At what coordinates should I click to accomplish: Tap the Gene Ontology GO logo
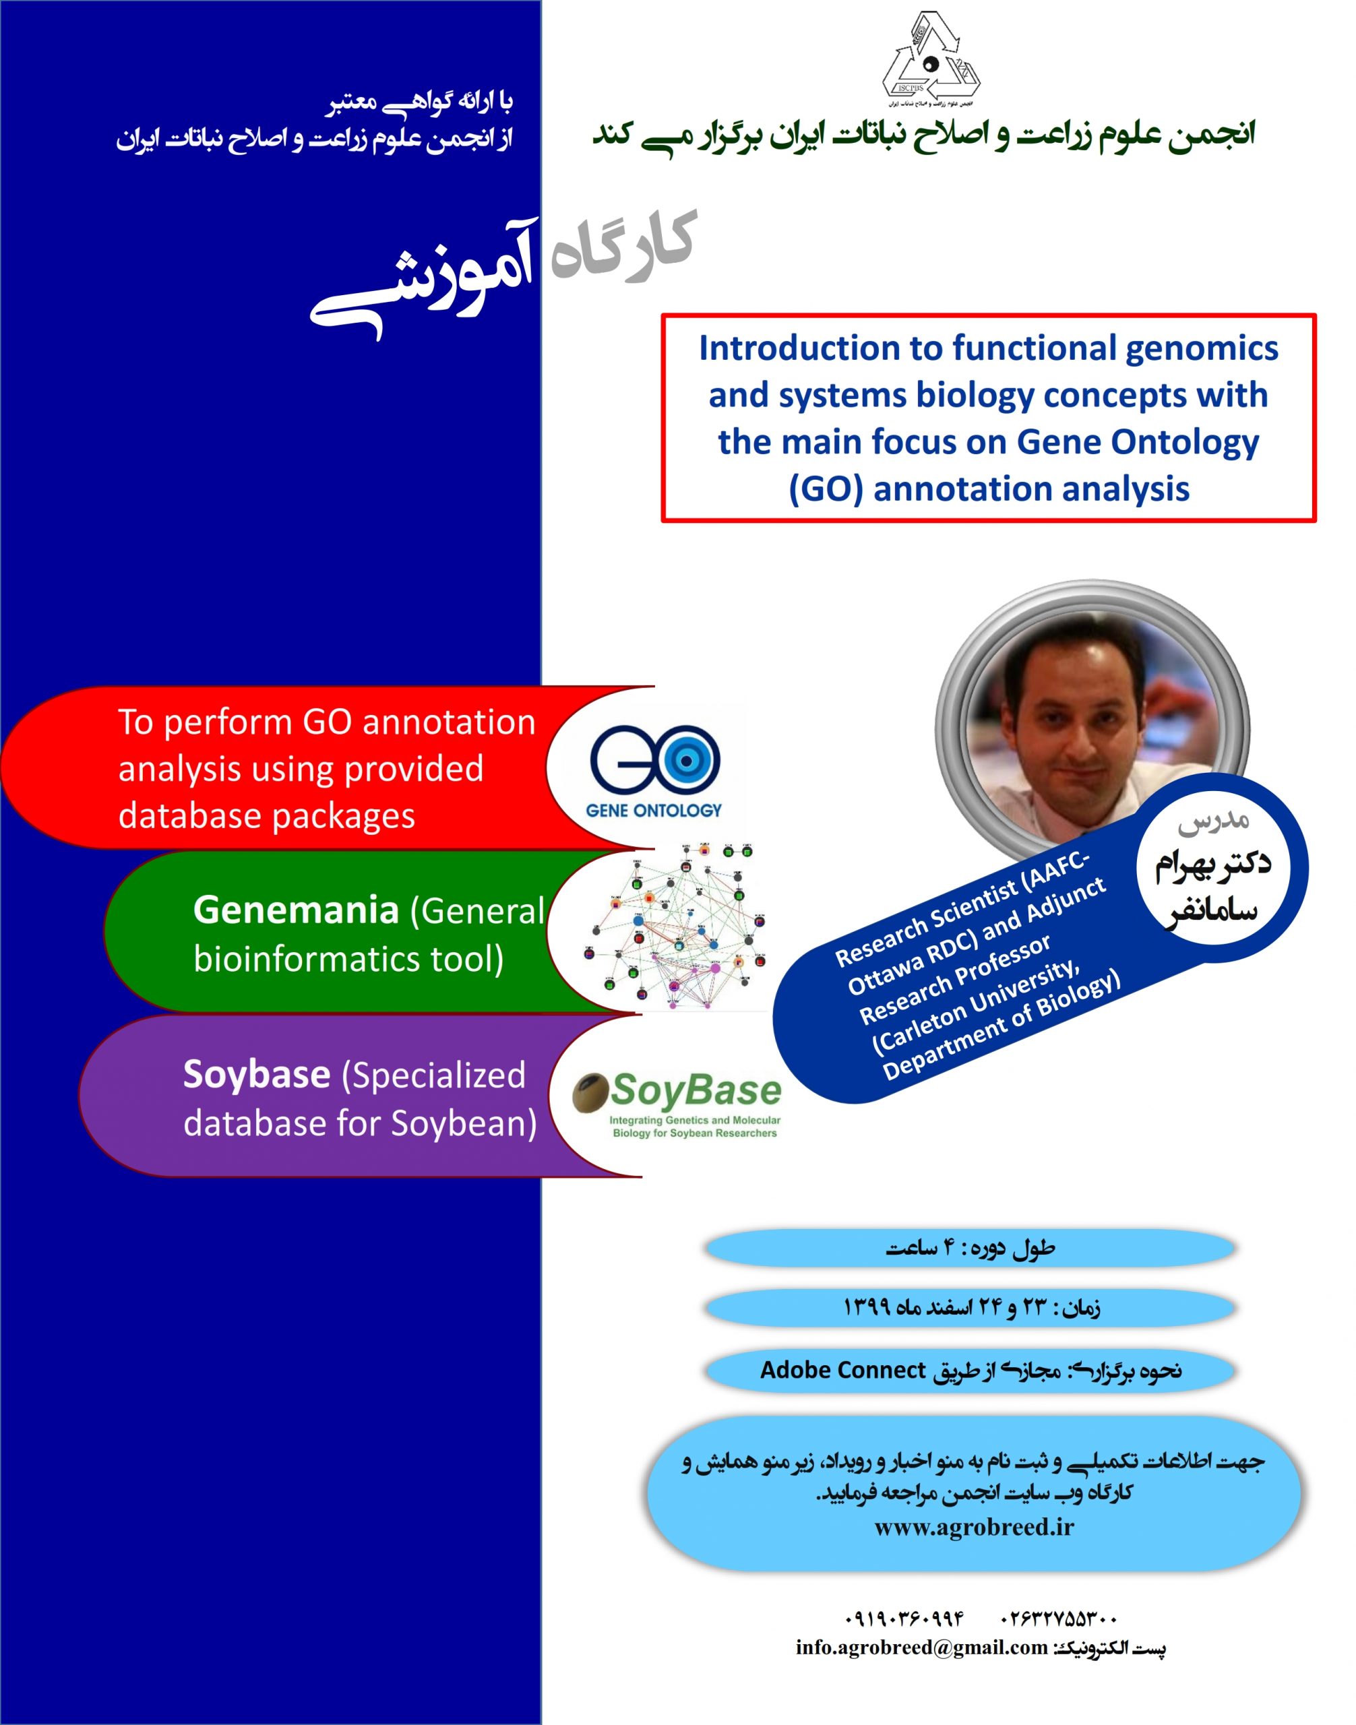(x=654, y=770)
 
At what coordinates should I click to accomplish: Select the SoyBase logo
(x=677, y=1104)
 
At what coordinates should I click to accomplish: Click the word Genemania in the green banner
(x=295, y=910)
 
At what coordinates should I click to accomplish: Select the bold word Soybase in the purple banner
(x=256, y=1074)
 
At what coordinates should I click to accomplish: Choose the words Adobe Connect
(x=842, y=1370)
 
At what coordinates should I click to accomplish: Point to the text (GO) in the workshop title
(x=825, y=489)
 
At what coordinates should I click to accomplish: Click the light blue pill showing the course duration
(x=969, y=1249)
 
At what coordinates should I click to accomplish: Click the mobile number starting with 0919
(x=904, y=1617)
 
